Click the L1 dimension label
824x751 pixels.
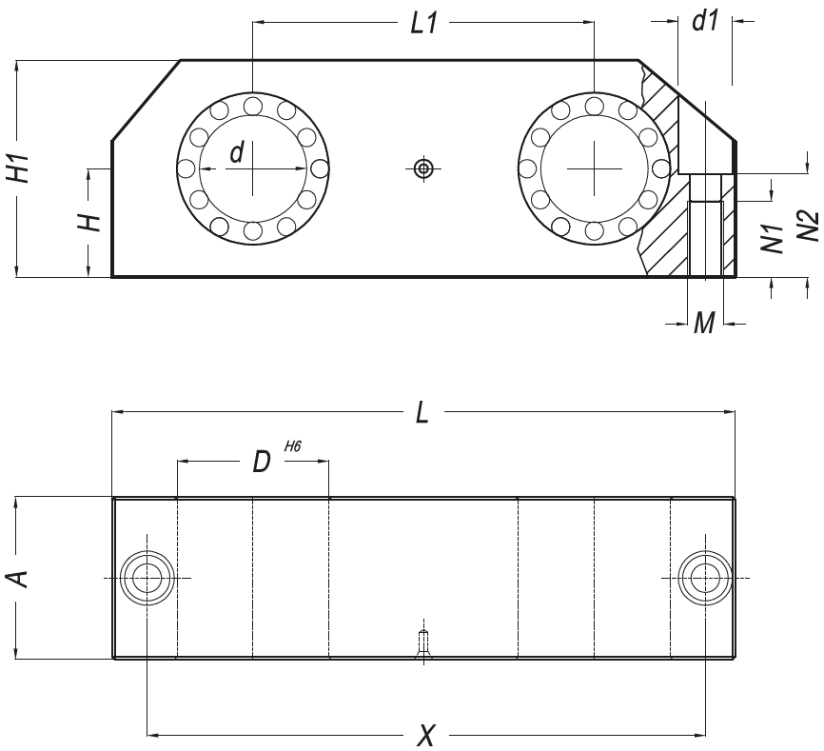423,25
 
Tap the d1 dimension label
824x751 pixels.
704,21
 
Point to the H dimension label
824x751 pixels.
89,223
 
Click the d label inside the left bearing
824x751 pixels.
237,151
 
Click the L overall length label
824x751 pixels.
422,413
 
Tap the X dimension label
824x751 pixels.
427,736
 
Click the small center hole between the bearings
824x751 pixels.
423,169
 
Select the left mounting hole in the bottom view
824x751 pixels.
147,578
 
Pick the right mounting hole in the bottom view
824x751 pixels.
704,578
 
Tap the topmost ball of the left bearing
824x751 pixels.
252,106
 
